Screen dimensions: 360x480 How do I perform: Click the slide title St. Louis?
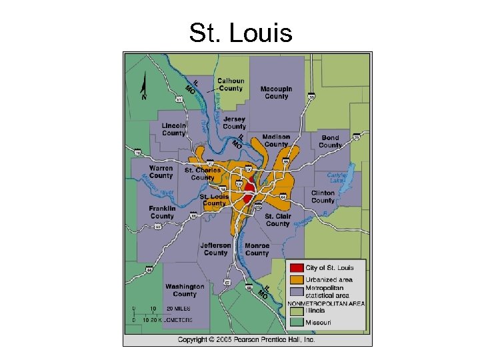point(240,32)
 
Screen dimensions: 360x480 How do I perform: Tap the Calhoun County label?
point(231,85)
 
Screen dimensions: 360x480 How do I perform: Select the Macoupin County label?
point(276,93)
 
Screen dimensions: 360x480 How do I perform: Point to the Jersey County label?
point(234,123)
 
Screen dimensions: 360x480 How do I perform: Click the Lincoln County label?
point(173,129)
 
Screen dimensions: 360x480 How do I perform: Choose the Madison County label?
point(276,140)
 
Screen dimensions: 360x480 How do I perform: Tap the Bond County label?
point(330,141)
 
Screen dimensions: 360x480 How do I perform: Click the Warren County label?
point(161,172)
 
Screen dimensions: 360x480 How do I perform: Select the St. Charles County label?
point(203,174)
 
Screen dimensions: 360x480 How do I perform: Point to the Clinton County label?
point(323,197)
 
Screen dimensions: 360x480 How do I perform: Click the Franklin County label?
point(162,212)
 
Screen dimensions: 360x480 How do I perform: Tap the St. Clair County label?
point(277,220)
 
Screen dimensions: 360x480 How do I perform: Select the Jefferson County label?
point(215,249)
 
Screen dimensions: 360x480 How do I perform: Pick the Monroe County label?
point(257,249)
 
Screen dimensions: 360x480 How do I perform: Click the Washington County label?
point(185,290)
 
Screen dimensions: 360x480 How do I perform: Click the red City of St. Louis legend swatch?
point(296,268)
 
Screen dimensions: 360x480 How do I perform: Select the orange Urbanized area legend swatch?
point(296,279)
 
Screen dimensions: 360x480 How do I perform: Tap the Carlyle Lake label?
point(337,178)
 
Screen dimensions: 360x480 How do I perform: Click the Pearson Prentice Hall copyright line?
point(246,340)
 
